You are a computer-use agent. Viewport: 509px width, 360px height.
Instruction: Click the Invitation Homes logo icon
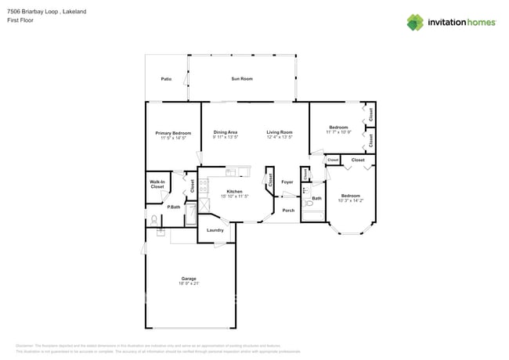415,22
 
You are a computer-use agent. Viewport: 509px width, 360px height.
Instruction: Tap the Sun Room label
242,79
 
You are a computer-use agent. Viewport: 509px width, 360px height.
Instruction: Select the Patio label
166,79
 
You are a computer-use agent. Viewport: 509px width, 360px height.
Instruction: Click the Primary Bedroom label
173,133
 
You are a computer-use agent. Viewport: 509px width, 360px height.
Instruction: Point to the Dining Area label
226,131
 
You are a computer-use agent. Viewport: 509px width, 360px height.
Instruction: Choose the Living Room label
279,131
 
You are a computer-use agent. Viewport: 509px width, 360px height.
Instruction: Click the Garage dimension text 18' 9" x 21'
189,283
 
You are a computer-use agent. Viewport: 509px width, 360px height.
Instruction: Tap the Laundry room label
215,230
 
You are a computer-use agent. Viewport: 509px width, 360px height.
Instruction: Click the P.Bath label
173,207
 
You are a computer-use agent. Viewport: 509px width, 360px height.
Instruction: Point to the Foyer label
287,182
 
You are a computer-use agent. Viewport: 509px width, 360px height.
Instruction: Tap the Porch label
288,211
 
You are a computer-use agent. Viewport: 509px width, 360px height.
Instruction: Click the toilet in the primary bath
154,220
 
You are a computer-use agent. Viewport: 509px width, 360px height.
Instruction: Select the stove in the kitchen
204,186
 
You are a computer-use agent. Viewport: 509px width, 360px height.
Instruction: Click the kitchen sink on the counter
232,172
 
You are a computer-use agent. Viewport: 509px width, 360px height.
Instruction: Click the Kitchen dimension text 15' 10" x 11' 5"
233,196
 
